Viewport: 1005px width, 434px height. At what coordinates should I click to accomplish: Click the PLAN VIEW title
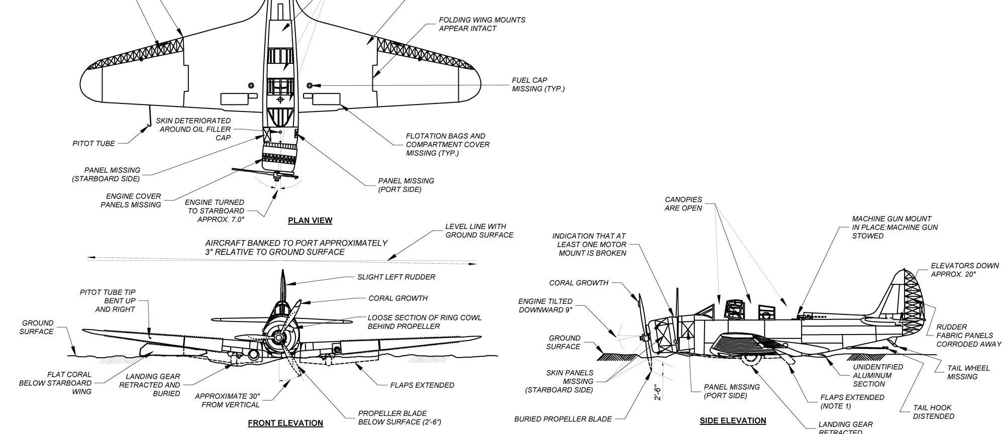[310, 221]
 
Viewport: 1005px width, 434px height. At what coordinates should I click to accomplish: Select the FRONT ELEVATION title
[285, 423]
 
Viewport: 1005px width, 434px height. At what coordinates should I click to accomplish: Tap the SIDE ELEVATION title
[733, 421]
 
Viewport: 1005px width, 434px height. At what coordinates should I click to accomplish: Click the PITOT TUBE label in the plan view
[93, 144]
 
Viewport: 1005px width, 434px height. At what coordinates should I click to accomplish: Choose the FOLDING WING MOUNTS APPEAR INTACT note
[482, 24]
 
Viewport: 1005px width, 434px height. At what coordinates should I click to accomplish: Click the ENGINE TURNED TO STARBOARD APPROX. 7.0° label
[216, 211]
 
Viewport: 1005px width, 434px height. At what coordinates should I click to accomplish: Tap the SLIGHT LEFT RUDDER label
[396, 277]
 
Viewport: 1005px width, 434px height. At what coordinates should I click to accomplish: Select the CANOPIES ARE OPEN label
[683, 204]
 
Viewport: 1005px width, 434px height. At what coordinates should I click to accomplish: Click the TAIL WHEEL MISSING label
[968, 372]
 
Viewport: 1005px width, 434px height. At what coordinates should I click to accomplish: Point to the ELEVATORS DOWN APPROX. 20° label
[965, 270]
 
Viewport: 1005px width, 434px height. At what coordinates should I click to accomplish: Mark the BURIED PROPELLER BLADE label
[563, 419]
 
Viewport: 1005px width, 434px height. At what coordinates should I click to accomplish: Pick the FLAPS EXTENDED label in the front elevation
[422, 385]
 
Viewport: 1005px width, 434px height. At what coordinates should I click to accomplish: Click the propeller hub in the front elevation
[276, 339]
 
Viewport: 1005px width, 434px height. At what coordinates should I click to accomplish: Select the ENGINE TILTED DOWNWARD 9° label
[545, 305]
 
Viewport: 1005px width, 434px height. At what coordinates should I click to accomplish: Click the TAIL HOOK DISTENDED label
[932, 412]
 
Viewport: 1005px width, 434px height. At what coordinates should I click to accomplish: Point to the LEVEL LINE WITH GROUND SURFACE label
[479, 231]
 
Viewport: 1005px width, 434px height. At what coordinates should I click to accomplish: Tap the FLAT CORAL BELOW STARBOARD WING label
[55, 383]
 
